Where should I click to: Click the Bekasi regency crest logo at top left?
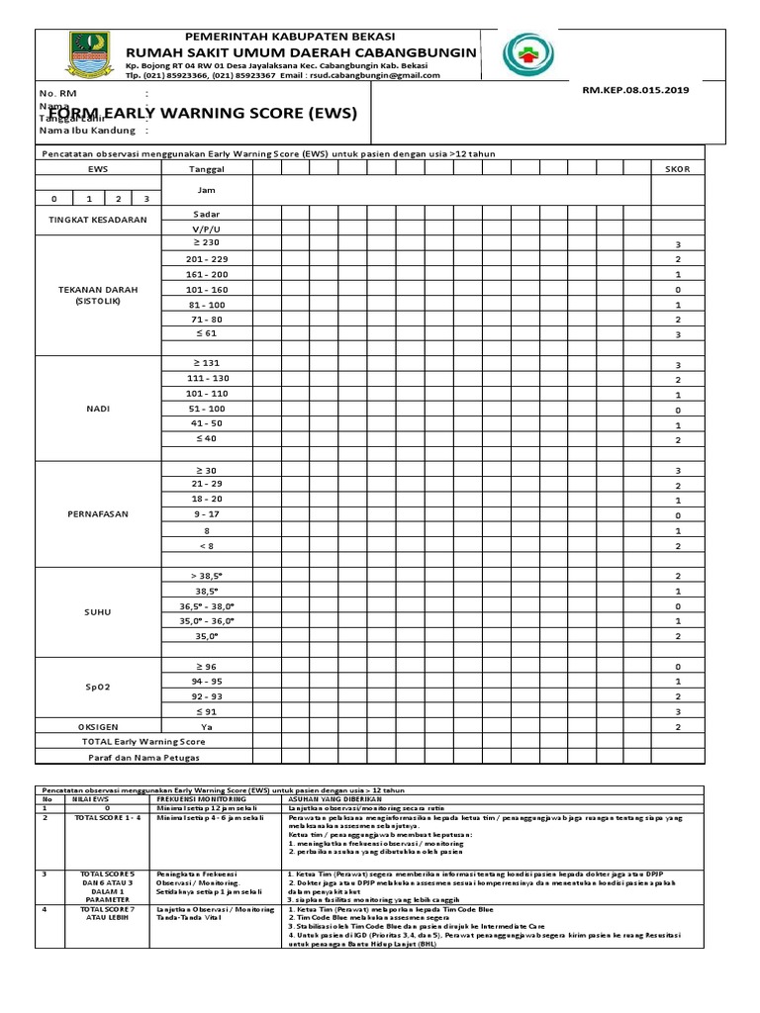coord(83,54)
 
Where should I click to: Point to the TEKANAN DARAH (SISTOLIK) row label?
coord(98,296)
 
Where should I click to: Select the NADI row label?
coord(98,409)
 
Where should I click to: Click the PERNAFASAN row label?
coord(98,515)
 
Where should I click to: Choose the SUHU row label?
coord(98,612)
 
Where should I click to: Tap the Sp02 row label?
coord(98,688)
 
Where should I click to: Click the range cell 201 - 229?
coord(207,258)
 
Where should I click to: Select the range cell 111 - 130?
coord(207,378)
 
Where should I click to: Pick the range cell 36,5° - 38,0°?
coord(207,605)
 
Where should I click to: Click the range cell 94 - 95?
coord(207,681)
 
